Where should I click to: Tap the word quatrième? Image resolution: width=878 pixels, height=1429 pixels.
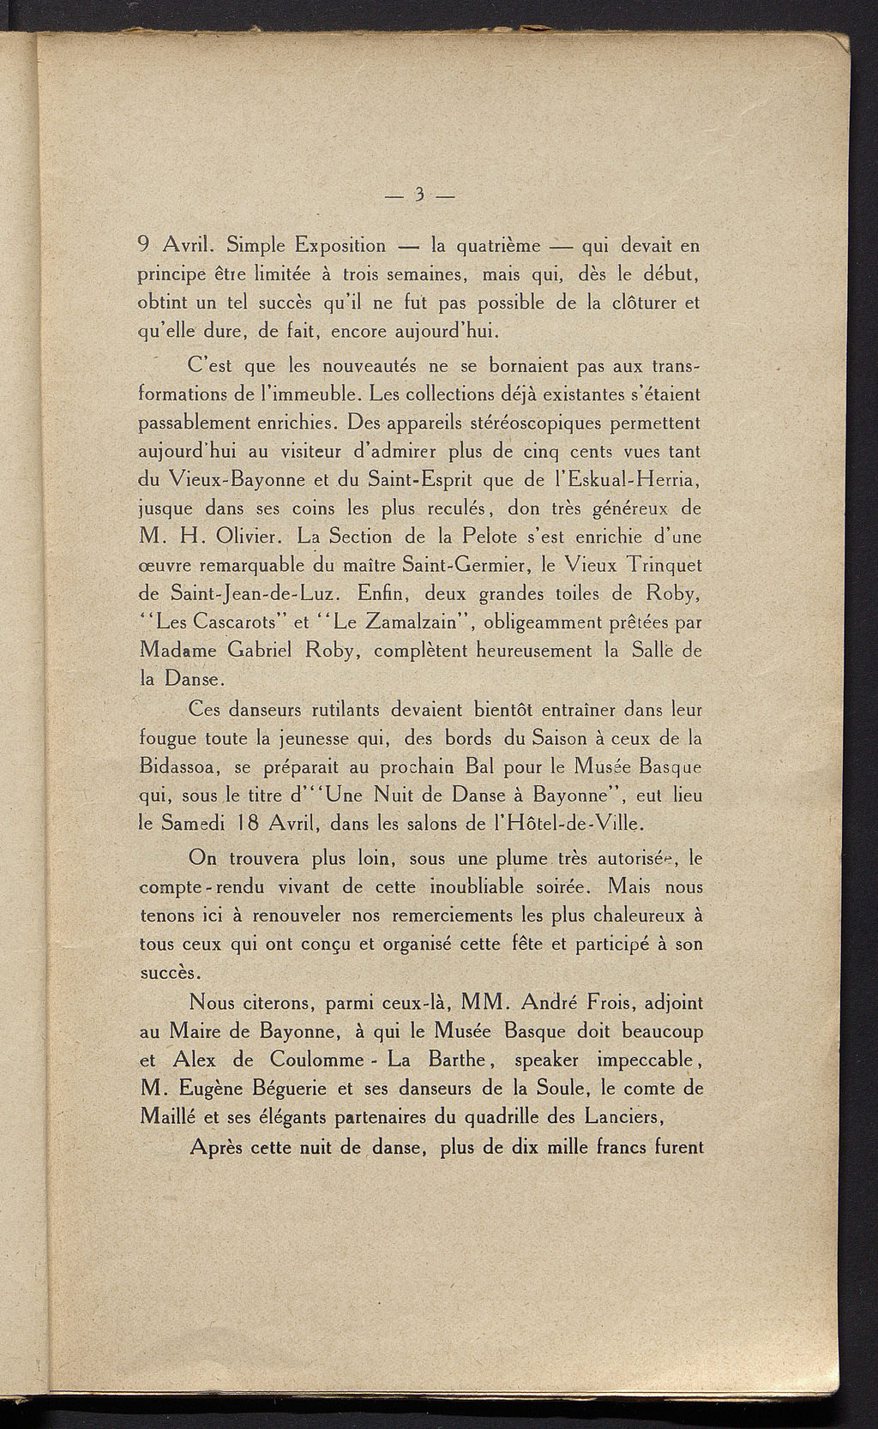coord(499,246)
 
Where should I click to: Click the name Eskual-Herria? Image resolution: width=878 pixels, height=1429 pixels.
coord(628,480)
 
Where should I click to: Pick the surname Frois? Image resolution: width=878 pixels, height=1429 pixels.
coord(616,1001)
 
